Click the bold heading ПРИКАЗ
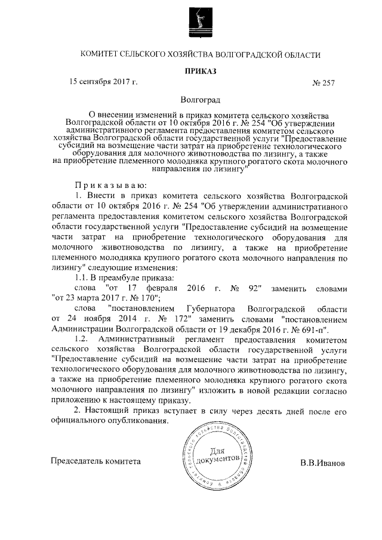pos(200,71)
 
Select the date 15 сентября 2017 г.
pos(104,82)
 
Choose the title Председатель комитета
pos(96,461)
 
